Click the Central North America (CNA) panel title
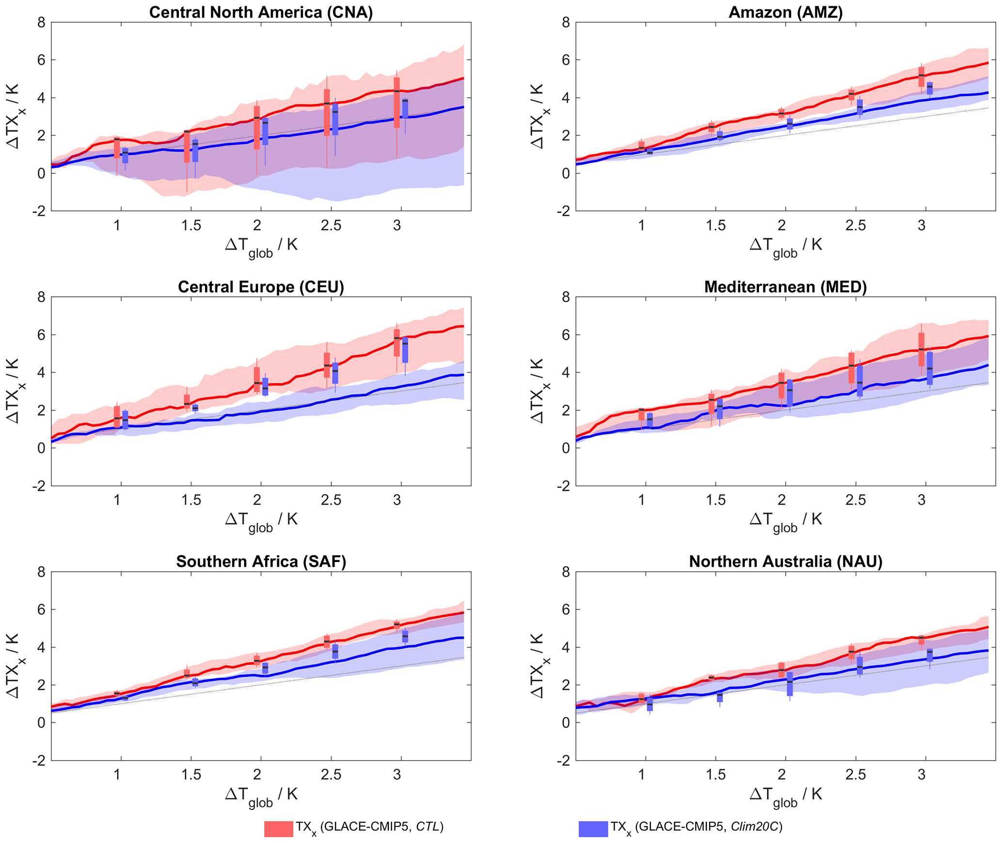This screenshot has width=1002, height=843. tap(261, 12)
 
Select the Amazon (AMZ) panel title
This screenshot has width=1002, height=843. tap(785, 12)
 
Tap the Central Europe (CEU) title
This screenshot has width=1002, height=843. tap(261, 287)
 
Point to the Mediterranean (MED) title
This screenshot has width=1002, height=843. tap(785, 287)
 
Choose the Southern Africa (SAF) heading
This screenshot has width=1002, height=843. tap(261, 562)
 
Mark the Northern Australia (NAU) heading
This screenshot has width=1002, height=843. tap(785, 562)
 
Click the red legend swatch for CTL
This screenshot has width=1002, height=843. tap(278, 828)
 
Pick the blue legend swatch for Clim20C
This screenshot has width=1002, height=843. tap(593, 828)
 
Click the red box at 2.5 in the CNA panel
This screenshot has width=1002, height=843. tap(327, 112)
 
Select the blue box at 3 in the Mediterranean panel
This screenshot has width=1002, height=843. tap(930, 368)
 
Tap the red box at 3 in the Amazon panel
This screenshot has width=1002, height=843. tap(922, 77)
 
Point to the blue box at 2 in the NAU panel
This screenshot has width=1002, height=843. tap(790, 684)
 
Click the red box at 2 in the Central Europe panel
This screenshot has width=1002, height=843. tap(257, 379)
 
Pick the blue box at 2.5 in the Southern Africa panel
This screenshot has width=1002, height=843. tap(335, 651)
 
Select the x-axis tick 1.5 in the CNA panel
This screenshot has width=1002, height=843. tap(191, 225)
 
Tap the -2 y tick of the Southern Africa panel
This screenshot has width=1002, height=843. tap(39, 760)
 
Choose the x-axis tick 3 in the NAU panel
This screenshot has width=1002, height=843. tap(922, 775)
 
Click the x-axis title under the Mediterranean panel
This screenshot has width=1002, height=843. tap(785, 521)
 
